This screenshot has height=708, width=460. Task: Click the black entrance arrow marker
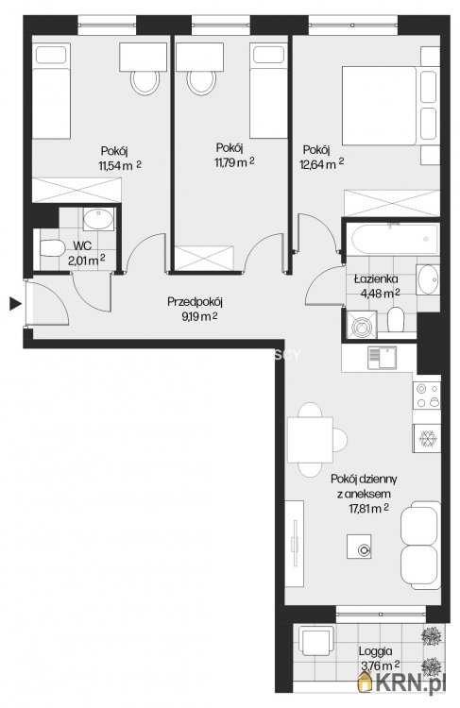pos(16,304)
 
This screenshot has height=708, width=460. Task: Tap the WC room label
pos(82,245)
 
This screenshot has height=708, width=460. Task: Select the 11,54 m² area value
pos(120,165)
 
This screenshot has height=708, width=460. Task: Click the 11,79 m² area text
pos(234,162)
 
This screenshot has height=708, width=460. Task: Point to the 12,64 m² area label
pos(321,164)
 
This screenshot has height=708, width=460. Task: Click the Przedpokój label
pos(196,302)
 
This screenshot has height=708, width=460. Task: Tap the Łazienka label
pos(376,279)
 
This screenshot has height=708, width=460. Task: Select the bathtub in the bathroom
pos(391,240)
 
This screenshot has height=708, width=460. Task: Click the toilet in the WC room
pos(51,248)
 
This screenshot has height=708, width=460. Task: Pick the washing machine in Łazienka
pos(362,324)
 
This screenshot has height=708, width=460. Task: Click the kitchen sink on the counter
pos(382,358)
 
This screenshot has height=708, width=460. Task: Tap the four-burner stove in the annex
pos(427,396)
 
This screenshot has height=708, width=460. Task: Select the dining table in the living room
pos(310,439)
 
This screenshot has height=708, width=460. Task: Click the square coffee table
pos(359,547)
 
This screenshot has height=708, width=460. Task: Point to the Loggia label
pos(375,651)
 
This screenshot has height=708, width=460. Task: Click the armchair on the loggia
pos(316,641)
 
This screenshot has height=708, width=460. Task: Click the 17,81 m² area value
pos(368,509)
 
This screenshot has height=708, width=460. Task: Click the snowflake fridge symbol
pos(426,438)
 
